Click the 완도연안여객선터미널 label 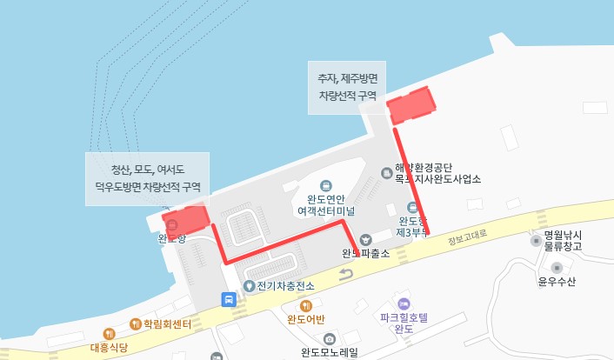point(325,204)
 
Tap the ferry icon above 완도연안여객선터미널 point(325,185)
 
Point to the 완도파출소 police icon point(365,238)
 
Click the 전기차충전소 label point(284,285)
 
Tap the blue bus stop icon point(228,299)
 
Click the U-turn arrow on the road point(346,275)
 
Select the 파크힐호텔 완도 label point(403,323)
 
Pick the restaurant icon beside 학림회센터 point(135,324)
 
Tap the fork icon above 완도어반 point(305,305)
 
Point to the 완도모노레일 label point(330,352)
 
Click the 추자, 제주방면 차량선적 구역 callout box point(346,87)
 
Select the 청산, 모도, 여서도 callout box point(147,178)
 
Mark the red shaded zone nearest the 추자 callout point(410,105)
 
